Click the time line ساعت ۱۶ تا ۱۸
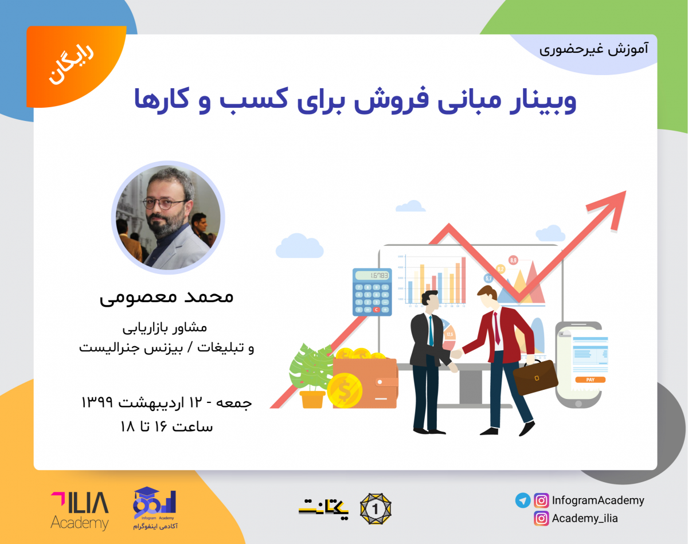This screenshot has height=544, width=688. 166,427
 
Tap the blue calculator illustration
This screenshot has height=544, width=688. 372,292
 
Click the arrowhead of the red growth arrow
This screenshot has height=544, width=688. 611,206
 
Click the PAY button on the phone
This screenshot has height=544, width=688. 590,379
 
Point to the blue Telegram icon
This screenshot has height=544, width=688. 522,500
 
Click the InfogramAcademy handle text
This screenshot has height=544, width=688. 598,500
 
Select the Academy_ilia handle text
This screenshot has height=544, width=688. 585,519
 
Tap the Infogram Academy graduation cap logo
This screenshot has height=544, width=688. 154,507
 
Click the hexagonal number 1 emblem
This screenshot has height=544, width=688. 376,507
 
